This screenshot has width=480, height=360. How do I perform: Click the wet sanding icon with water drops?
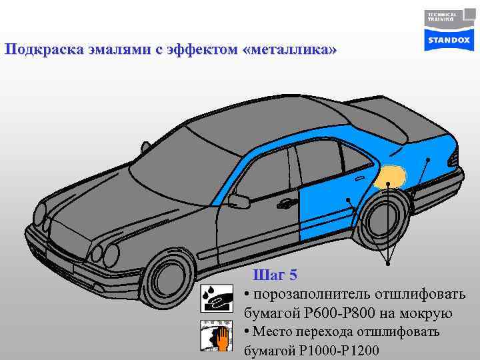[x=215, y=299]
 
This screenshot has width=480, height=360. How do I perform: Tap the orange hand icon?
[x=215, y=336]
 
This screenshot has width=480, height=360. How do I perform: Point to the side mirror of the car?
[x=239, y=200]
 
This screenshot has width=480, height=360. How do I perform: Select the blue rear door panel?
[x=323, y=200]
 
